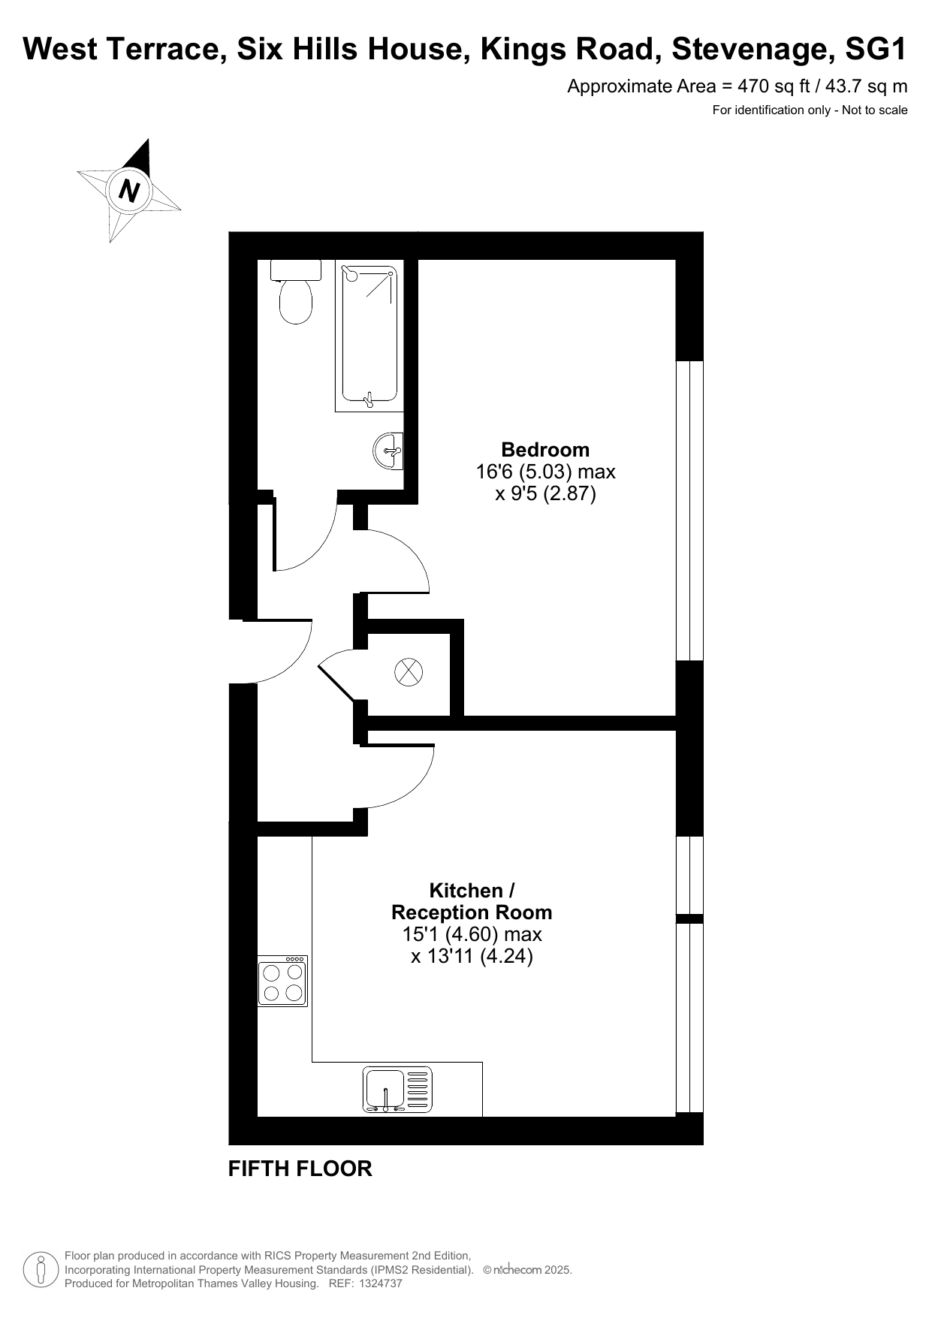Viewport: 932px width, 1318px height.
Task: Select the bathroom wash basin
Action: [388, 451]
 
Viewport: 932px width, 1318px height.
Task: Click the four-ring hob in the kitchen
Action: [282, 982]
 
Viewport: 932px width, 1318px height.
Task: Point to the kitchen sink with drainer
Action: [398, 1090]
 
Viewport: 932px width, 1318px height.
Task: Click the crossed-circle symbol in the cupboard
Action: [409, 671]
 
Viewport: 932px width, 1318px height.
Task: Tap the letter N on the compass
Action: [130, 191]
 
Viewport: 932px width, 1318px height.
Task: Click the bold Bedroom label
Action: [545, 450]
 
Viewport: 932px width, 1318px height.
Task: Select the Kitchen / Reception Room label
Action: [472, 901]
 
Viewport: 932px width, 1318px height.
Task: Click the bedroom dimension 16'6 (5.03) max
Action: [546, 472]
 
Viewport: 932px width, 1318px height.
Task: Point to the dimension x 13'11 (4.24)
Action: [472, 956]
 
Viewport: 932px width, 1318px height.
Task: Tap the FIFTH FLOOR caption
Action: [300, 1169]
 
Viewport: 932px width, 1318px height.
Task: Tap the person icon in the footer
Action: [41, 1270]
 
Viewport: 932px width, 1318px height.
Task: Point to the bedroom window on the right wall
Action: [689, 511]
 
